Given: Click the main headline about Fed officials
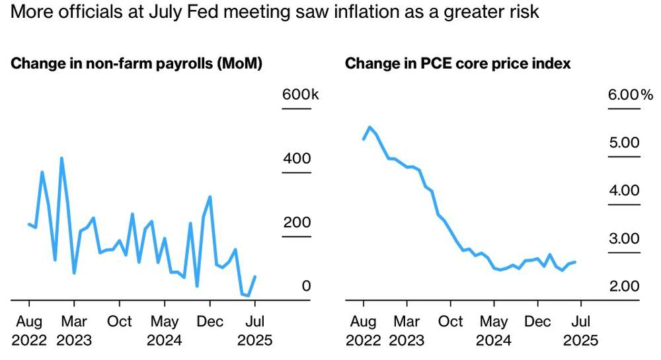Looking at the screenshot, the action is [x=274, y=12].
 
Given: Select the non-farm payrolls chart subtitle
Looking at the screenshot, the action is [x=137, y=63].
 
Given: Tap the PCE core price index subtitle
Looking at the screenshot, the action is [x=458, y=63].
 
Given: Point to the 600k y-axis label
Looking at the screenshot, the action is [x=301, y=94].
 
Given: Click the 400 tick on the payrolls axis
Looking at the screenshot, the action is [x=297, y=159].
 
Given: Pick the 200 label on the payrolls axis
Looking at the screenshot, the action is [x=297, y=223].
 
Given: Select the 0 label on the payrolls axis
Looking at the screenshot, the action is [x=306, y=286].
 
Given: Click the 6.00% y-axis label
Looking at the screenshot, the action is [x=631, y=94].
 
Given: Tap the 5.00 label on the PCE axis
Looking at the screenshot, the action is [x=625, y=142].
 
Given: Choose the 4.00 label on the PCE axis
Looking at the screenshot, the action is [x=625, y=190].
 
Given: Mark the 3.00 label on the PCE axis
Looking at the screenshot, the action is [x=625, y=238].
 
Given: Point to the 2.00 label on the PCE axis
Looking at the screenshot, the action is [x=625, y=286].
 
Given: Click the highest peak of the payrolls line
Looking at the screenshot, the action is [x=61, y=159].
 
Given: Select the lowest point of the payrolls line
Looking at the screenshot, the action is [x=249, y=295].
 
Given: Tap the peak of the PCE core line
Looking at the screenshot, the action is [x=369, y=127].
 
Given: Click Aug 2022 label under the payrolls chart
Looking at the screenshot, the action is [x=29, y=331].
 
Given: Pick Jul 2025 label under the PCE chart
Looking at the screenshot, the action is [x=581, y=331].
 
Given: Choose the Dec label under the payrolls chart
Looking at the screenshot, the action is [x=210, y=322].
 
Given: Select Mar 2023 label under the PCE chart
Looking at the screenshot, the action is [x=407, y=331].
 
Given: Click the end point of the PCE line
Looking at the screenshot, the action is [x=575, y=262].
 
